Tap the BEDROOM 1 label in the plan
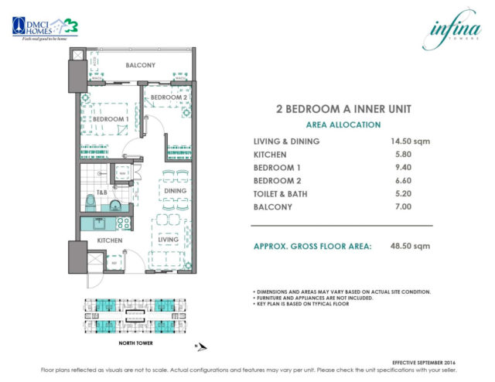tap(108, 119)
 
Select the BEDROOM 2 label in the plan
tap(169, 97)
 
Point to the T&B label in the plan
tap(102, 192)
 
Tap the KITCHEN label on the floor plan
tap(108, 241)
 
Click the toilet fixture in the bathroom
tap(90, 203)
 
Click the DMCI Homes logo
tap(45, 26)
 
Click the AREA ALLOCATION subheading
tap(343, 124)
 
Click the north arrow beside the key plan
tap(199, 346)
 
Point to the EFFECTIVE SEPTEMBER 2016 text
tap(433, 360)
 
